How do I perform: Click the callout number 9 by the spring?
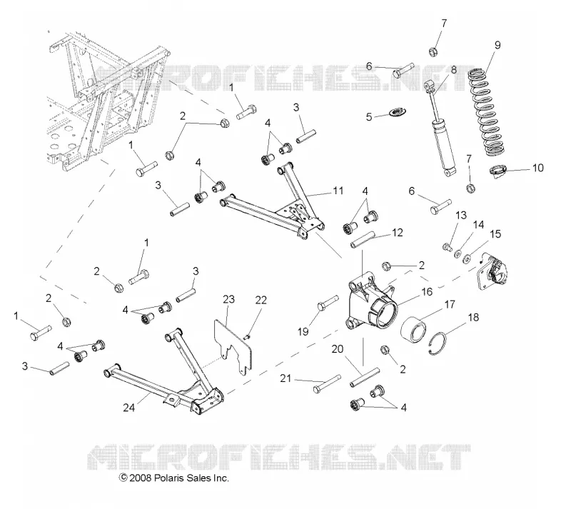click(x=497, y=45)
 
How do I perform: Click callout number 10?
click(x=537, y=168)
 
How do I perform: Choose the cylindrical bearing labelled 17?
click(x=413, y=331)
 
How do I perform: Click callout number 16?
click(x=427, y=292)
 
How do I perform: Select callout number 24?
click(x=128, y=408)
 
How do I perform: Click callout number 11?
click(x=338, y=191)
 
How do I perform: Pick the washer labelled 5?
click(x=398, y=111)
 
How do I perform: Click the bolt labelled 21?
click(x=327, y=383)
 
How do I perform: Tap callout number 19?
click(x=303, y=331)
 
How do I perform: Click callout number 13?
click(x=461, y=216)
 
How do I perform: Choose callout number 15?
click(x=495, y=234)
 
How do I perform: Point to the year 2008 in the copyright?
click(x=140, y=478)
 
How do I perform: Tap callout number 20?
click(x=338, y=349)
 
